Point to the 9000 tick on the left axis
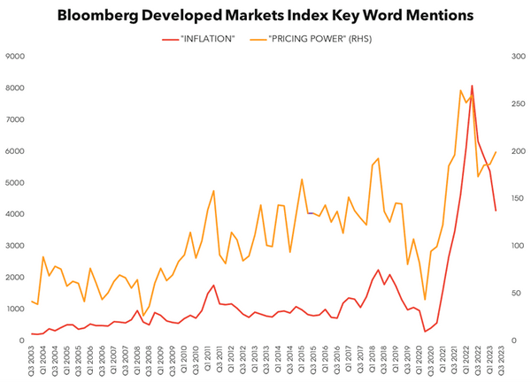pyautogui.click(x=15, y=57)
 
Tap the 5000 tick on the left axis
pyautogui.click(x=15, y=183)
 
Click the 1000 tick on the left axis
pyautogui.click(x=15, y=309)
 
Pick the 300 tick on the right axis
pyautogui.click(x=516, y=57)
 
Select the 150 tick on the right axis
pyautogui.click(x=516, y=198)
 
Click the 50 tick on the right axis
pyautogui.click(x=516, y=293)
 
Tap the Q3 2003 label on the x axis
pyautogui.click(x=32, y=362)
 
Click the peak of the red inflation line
pyautogui.click(x=473, y=86)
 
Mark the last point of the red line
pyautogui.click(x=496, y=210)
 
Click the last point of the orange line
pyautogui.click(x=496, y=151)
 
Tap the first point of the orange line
pyautogui.click(x=32, y=302)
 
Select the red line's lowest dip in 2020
pyautogui.click(x=425, y=332)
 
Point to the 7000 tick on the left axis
pyautogui.click(x=15, y=119)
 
